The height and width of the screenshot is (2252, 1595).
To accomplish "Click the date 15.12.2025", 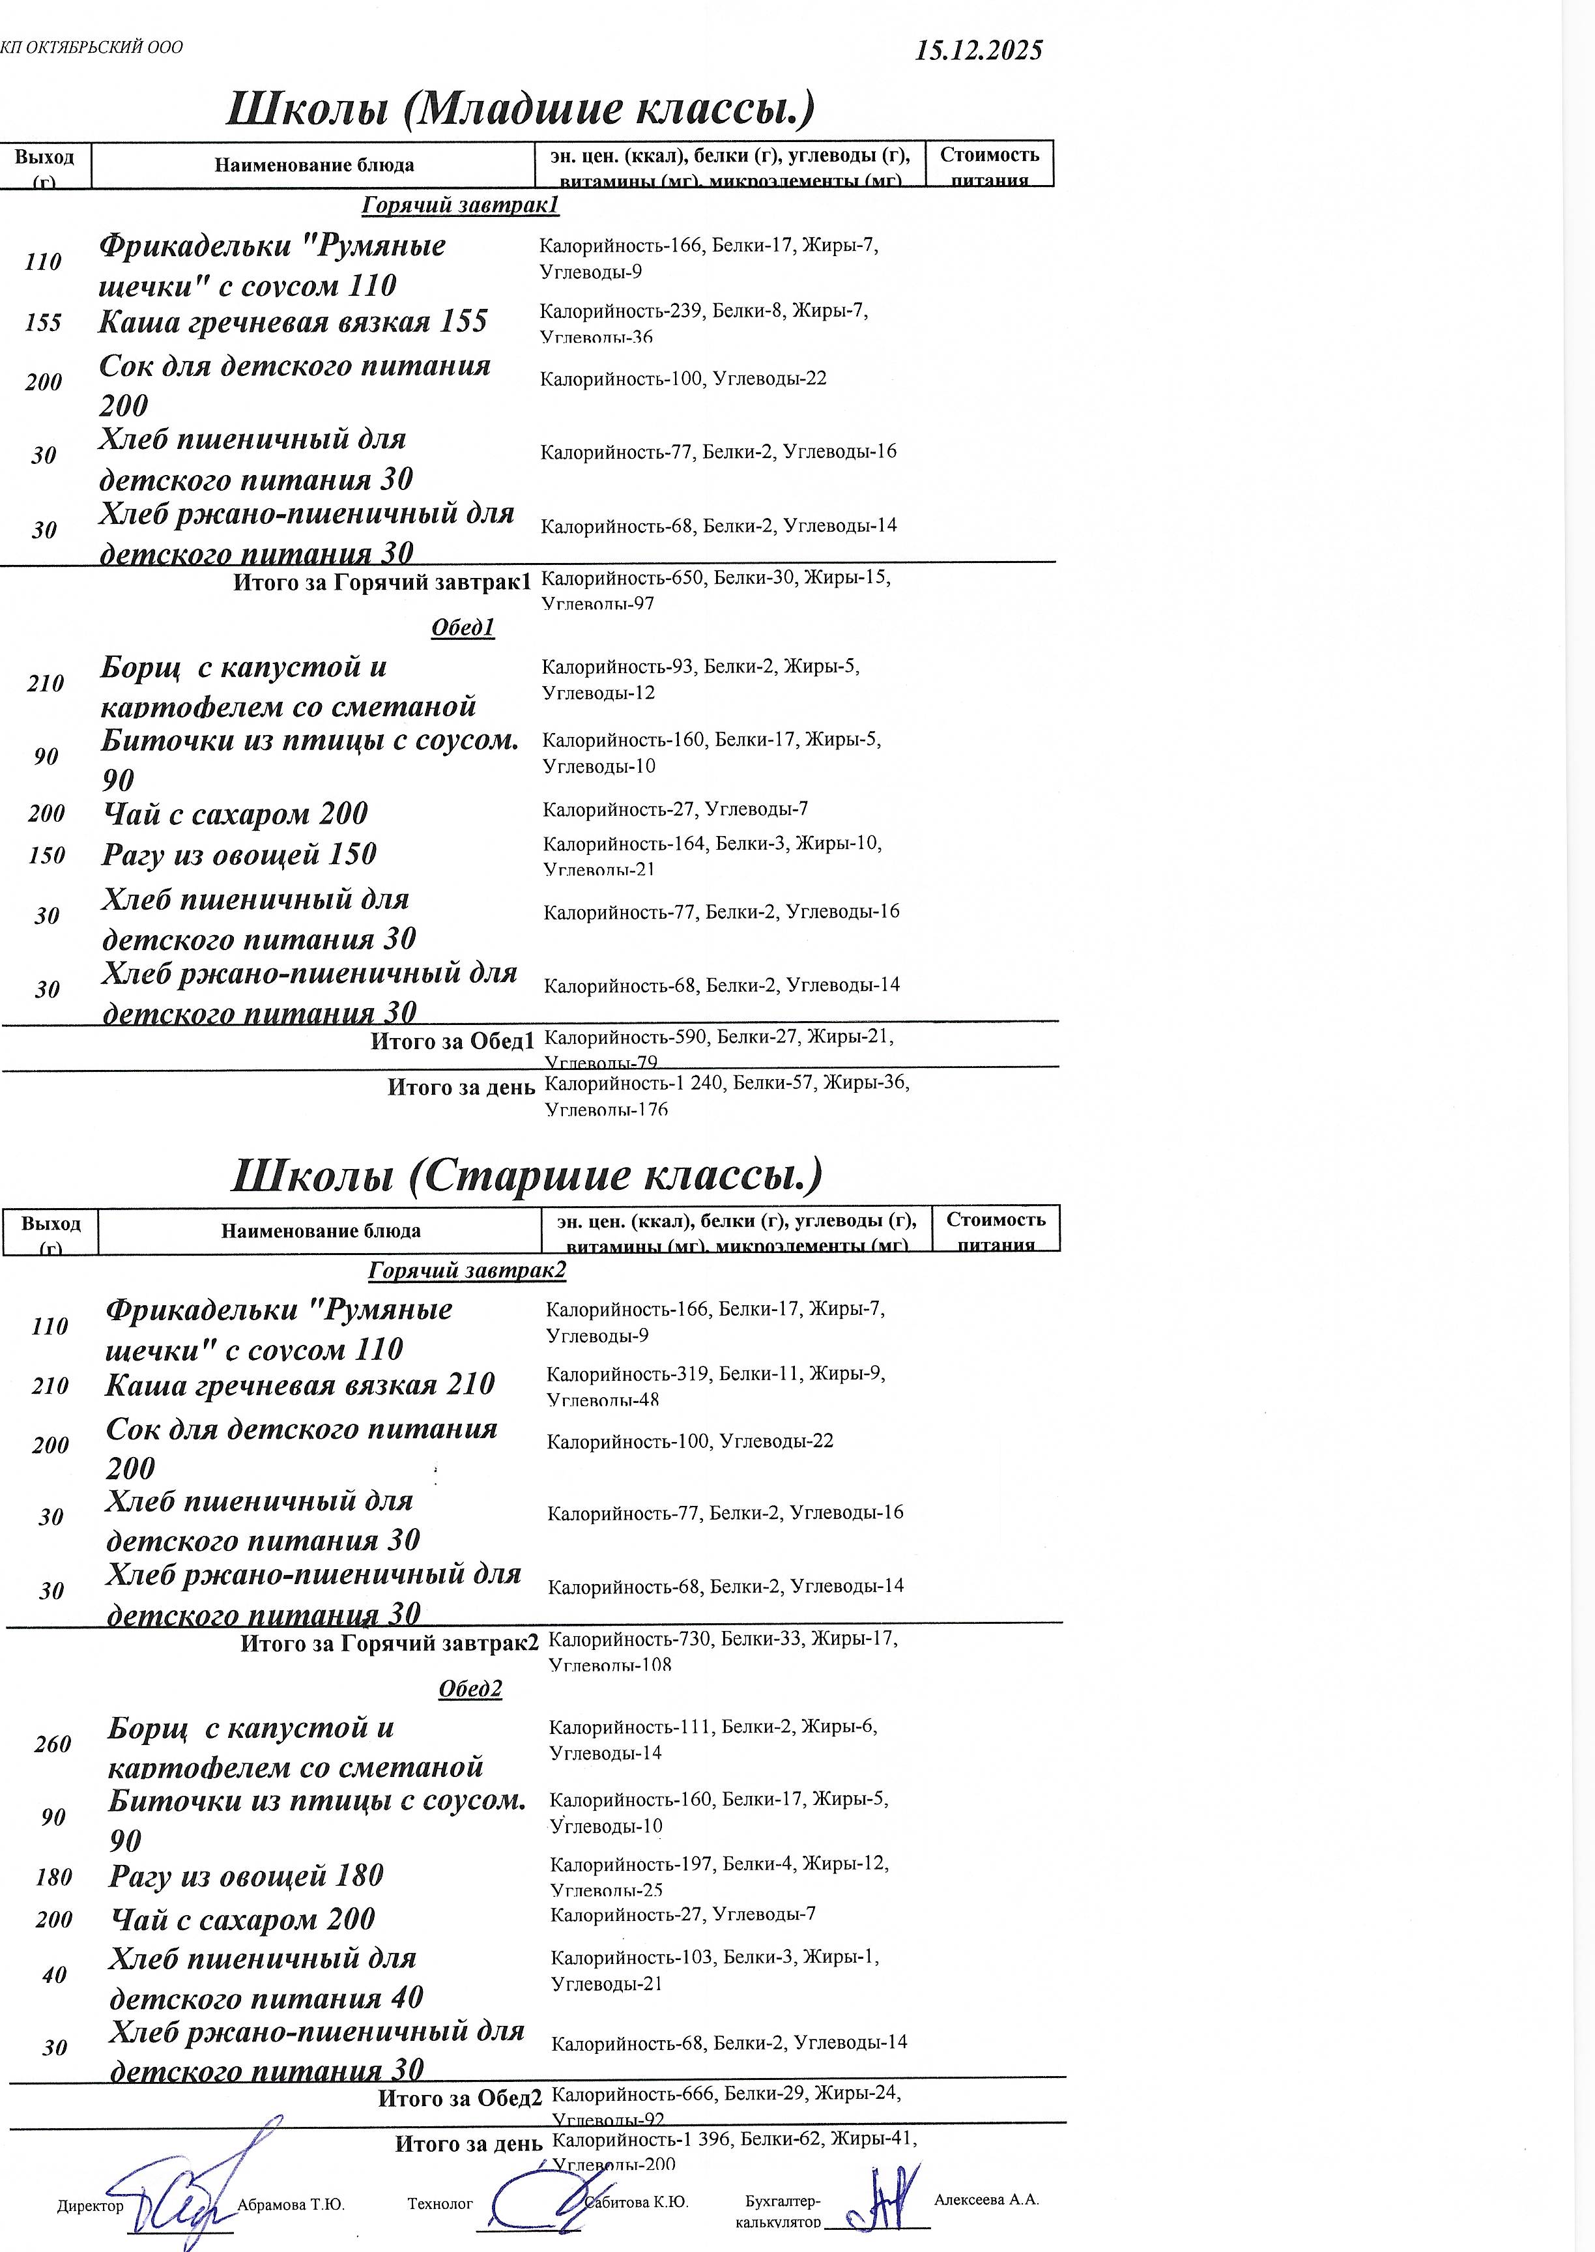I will point(978,51).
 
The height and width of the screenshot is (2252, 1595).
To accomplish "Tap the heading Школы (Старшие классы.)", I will point(526,1175).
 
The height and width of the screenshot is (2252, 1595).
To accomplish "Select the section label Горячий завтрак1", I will point(459,205).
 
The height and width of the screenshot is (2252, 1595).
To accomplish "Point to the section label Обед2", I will point(470,1688).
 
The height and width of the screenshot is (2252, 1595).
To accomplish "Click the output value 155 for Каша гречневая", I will point(43,323).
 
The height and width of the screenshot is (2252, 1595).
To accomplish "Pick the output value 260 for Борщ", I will point(53,1744).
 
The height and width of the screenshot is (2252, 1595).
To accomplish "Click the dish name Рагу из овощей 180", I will point(246,1876).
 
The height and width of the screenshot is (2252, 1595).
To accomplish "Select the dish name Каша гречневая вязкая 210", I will point(300,1385).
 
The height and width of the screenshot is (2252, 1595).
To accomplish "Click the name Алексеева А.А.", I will point(986,2200).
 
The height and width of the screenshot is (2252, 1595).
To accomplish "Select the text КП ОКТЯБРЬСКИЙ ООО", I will point(91,47).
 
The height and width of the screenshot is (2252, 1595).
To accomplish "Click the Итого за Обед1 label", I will point(452,1041).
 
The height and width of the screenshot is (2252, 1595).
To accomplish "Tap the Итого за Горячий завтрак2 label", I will point(389,1644).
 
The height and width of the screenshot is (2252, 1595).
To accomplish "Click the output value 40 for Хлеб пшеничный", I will point(54,1975).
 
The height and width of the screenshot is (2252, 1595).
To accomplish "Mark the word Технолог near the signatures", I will point(440,2204).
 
